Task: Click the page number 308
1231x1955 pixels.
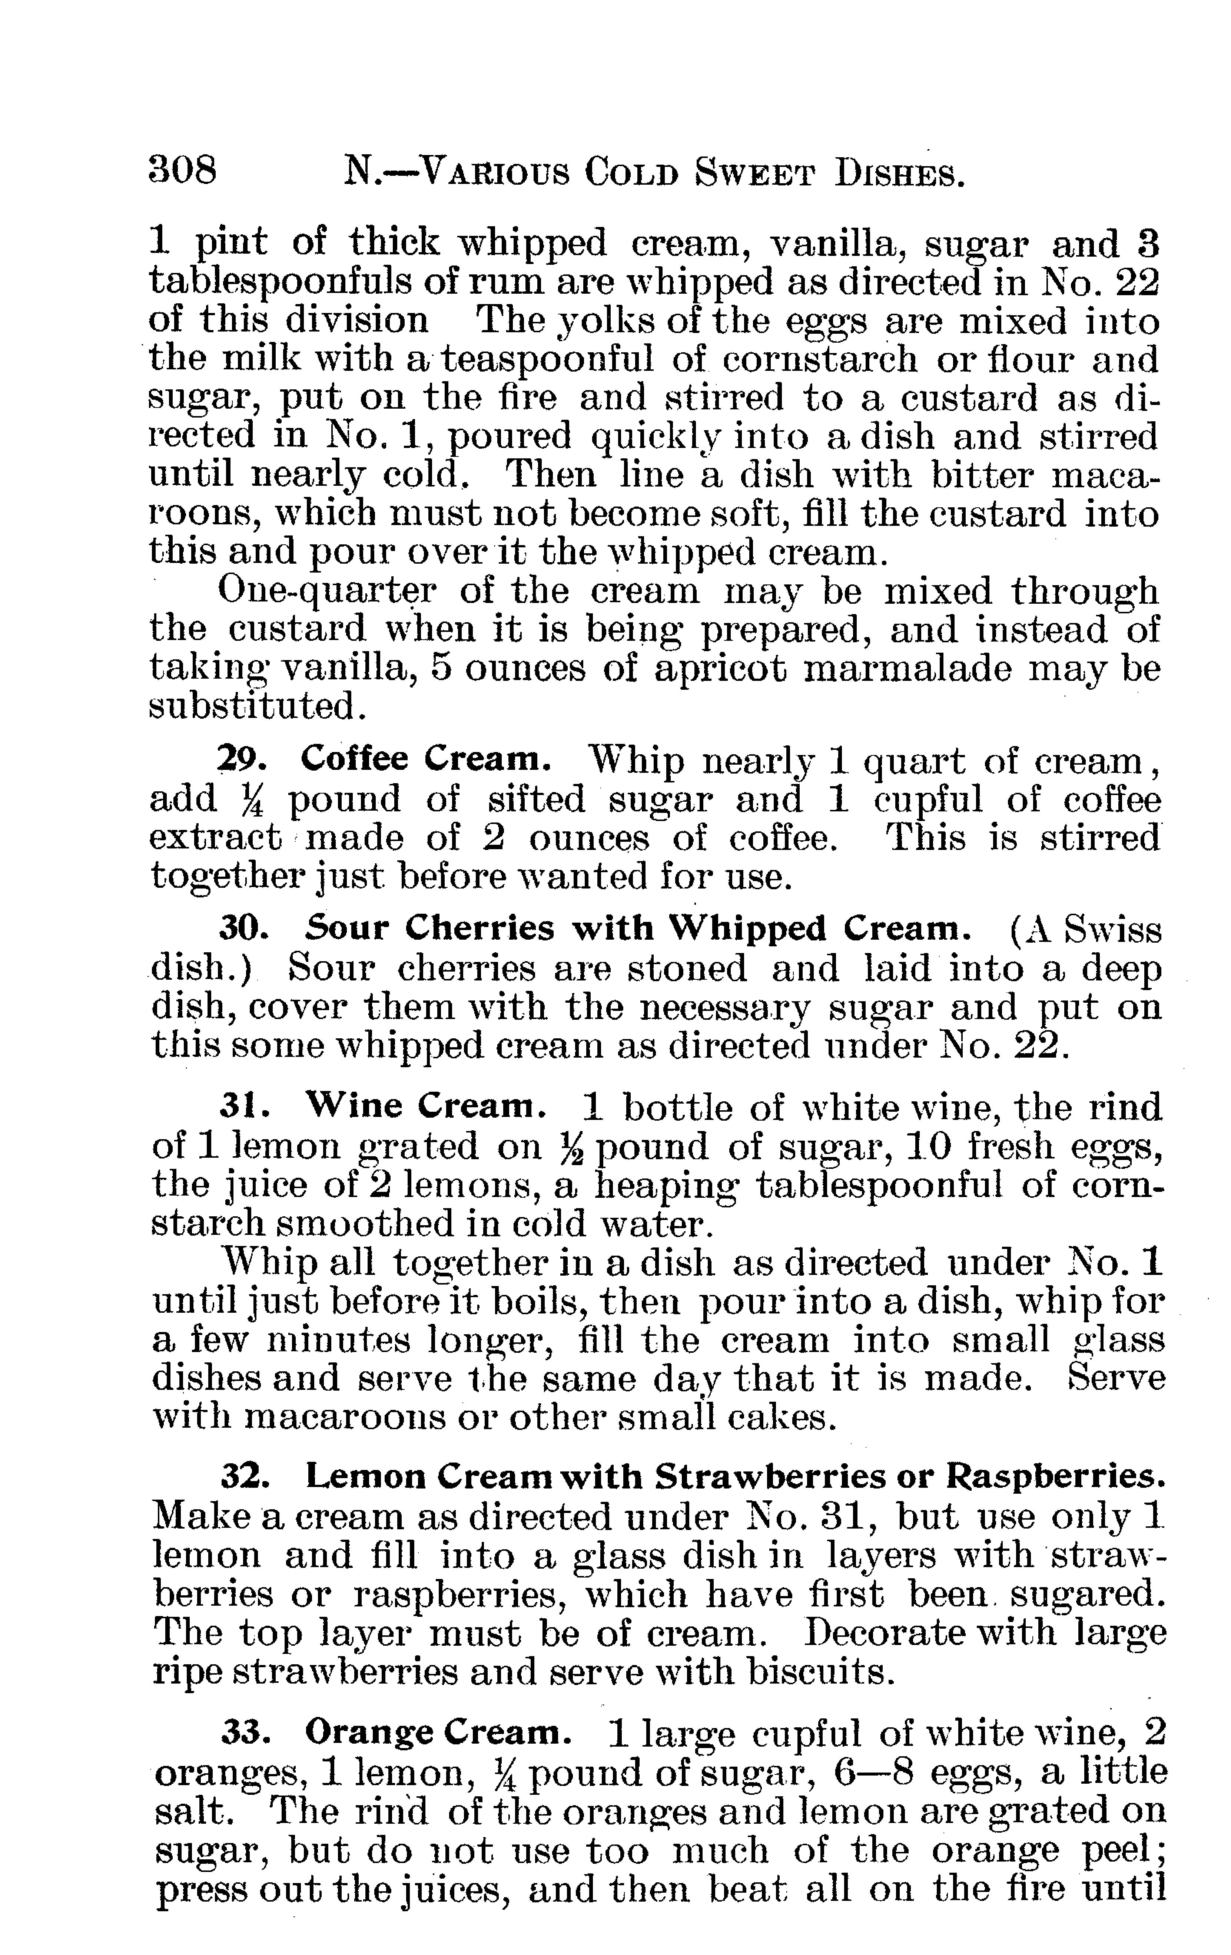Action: (183, 171)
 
